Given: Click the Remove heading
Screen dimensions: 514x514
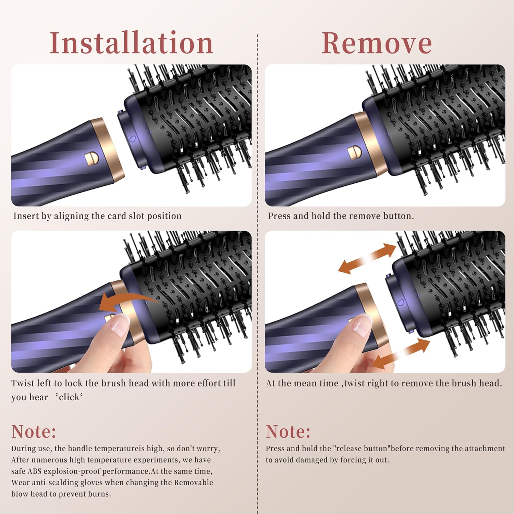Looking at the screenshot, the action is (x=377, y=43).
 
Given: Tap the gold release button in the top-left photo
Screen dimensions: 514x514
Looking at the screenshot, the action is (x=92, y=159).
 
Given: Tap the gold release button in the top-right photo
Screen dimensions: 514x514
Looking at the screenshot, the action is (x=354, y=152).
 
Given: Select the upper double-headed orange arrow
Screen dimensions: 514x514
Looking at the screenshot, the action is (x=367, y=258).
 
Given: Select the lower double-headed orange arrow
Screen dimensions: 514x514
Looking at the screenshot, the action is (x=401, y=353).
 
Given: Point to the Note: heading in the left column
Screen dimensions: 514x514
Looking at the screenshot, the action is (x=34, y=431).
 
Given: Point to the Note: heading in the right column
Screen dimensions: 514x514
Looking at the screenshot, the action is (x=288, y=431).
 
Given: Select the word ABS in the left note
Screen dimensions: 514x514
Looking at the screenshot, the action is (x=34, y=471).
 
